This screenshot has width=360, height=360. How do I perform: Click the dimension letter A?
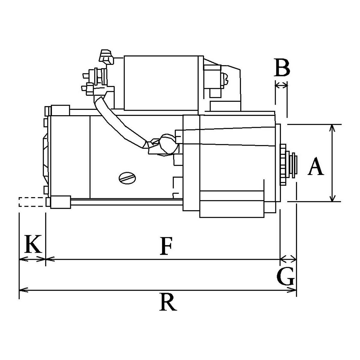click(x=316, y=166)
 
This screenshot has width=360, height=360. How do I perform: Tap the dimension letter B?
click(x=282, y=67)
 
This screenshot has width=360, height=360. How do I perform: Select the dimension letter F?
click(x=166, y=246)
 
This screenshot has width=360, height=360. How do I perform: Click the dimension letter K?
click(x=33, y=244)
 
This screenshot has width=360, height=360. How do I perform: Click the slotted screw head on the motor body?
click(x=127, y=178)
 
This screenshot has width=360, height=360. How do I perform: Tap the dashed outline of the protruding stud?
click(x=32, y=202)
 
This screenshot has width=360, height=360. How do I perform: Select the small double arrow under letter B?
click(x=281, y=86)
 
